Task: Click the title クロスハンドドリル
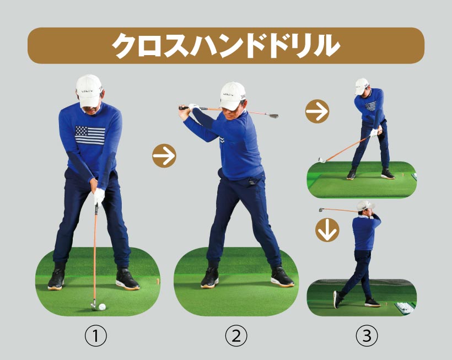point(225,46)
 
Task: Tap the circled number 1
point(96,336)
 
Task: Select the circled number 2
point(236,336)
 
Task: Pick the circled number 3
point(367,336)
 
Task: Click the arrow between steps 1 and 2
point(164,155)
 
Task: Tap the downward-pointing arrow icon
point(327,230)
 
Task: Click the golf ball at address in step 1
point(102,307)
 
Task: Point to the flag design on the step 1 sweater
point(90,135)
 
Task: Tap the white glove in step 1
point(99,197)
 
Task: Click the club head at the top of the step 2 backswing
point(273,116)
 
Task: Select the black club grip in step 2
point(184,109)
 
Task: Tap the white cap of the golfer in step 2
point(232,96)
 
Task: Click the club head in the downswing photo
point(322,160)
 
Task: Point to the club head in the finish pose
point(321,209)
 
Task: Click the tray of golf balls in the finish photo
point(405,307)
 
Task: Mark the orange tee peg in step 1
point(158,281)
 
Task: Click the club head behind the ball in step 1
point(94,305)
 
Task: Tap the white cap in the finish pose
point(365,206)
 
